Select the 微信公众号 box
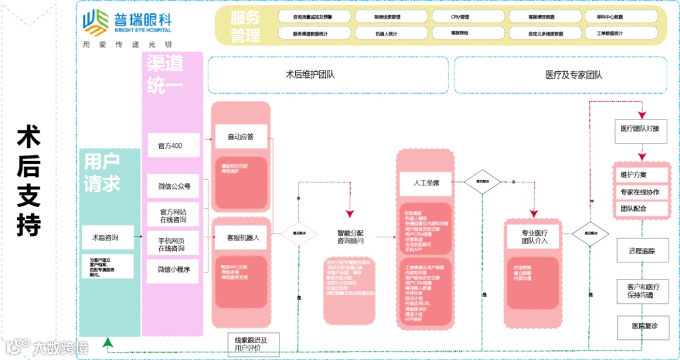(x=174, y=186)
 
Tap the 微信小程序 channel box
(x=174, y=269)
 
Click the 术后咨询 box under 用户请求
(x=106, y=238)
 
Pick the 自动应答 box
(x=241, y=136)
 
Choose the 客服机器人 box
(x=241, y=239)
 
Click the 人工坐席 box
(x=426, y=183)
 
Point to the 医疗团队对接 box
(x=640, y=129)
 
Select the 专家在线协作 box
(x=640, y=191)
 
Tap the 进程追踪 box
(x=642, y=250)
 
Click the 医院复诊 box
(x=642, y=326)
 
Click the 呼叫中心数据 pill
(x=609, y=17)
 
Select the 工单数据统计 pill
(x=609, y=33)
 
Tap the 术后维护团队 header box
(x=327, y=75)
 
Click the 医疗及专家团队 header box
(x=560, y=75)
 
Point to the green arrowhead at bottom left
(x=108, y=343)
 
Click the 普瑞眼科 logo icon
(x=94, y=23)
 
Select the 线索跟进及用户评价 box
(x=250, y=344)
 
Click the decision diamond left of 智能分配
(x=298, y=232)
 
